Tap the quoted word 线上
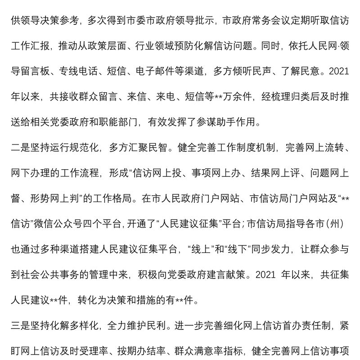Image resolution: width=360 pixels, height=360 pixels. (196, 249)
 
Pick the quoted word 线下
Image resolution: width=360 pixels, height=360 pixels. (234, 249)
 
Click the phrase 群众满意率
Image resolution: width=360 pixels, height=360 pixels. (210, 349)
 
